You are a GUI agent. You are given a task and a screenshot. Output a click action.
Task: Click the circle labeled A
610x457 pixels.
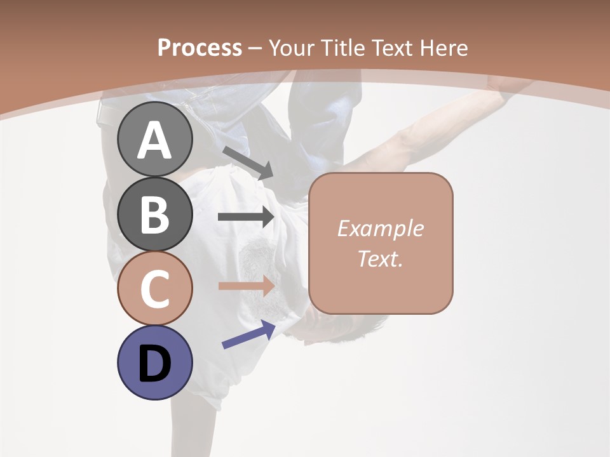click(x=154, y=139)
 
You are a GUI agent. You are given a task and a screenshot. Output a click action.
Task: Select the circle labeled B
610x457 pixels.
click(x=154, y=213)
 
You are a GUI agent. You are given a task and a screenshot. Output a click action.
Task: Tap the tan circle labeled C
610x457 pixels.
click(x=154, y=288)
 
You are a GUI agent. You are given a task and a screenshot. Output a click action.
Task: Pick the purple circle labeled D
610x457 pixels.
click(x=154, y=363)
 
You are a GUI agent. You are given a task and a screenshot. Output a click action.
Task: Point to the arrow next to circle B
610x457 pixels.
click(x=246, y=217)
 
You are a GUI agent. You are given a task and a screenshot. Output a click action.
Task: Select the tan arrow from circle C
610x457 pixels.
click(x=246, y=286)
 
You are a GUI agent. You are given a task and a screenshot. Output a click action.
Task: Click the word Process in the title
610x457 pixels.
click(x=200, y=48)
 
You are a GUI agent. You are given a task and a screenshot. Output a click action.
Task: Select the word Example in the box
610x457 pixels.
click(x=380, y=228)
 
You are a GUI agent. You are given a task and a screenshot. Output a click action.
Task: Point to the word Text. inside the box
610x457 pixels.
click(x=380, y=258)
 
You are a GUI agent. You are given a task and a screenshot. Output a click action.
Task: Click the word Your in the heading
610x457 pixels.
click(x=290, y=48)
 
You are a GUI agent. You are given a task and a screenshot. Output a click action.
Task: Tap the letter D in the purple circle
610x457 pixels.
click(x=154, y=364)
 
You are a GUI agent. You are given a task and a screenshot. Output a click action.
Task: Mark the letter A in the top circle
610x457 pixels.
click(x=154, y=140)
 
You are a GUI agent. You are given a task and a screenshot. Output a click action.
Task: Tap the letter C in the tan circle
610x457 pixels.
click(x=154, y=289)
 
